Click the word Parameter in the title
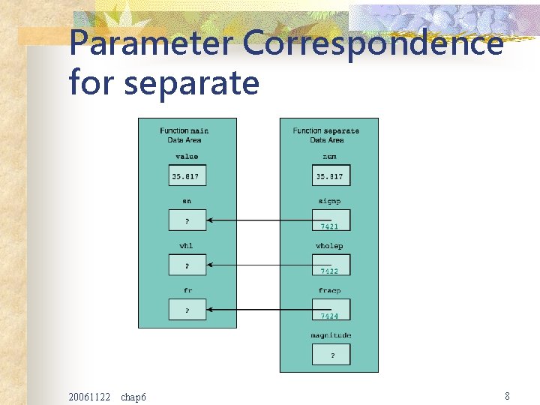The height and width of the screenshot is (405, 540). (151, 43)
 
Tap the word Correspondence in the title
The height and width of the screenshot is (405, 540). (373, 43)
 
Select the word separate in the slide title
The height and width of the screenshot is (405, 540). (191, 82)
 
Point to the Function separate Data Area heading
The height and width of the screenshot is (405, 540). (326, 135)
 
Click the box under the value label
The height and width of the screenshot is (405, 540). (187, 176)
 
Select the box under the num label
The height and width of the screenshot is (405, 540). (331, 176)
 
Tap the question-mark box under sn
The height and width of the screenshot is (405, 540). (187, 220)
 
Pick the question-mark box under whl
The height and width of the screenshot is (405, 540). (187, 265)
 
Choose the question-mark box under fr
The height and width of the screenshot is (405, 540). (187, 309)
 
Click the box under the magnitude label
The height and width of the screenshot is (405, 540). (331, 354)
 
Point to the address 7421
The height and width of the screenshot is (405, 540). (330, 226)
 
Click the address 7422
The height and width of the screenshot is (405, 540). (330, 271)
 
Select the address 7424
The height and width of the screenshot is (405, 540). (330, 316)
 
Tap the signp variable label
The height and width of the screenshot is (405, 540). (329, 201)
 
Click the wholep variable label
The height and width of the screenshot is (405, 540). (329, 246)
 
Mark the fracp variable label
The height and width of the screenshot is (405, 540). (329, 290)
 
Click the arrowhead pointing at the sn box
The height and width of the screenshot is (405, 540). (211, 220)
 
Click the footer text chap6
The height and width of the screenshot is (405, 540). (133, 396)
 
